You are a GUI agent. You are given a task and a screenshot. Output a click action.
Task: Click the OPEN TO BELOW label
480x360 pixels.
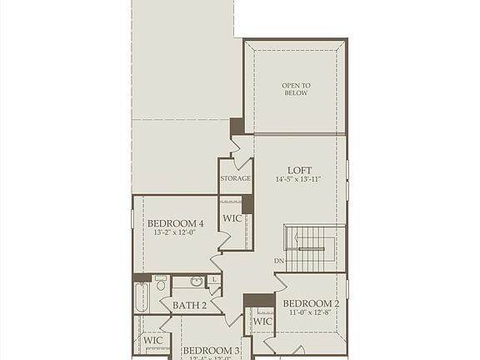[295, 88]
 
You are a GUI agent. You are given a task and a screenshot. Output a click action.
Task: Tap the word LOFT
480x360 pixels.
[298, 169]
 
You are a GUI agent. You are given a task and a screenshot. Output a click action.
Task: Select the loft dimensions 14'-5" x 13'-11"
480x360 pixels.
[298, 180]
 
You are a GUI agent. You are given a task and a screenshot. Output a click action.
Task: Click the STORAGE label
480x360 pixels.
[236, 178]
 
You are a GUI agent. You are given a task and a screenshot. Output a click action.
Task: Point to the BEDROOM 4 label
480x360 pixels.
[175, 223]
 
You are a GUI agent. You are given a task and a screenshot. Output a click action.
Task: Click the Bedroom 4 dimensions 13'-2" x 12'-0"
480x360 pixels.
[175, 234]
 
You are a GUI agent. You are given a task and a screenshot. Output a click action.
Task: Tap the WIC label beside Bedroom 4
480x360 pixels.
[232, 218]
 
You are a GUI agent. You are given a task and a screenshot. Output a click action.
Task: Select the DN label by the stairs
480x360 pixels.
[278, 262]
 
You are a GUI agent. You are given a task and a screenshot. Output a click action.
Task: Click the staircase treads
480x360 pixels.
[312, 247]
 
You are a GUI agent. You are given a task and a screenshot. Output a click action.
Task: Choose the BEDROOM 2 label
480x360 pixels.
[311, 303]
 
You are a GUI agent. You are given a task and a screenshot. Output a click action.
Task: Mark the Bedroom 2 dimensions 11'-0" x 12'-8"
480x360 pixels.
[311, 314]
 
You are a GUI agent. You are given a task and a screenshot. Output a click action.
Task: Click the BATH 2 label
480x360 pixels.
[189, 306]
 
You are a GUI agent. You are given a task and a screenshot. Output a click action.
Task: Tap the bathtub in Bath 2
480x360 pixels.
[141, 297]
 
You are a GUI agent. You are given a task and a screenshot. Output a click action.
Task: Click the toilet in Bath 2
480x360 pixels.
[161, 285]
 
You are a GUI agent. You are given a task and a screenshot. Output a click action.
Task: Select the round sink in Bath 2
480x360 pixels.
[197, 282]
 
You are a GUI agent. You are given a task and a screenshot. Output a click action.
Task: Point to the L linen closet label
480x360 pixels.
[214, 280]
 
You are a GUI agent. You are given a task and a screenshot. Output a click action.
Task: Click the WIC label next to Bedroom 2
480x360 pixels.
[262, 322]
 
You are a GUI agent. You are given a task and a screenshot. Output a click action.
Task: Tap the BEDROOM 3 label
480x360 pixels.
[211, 351]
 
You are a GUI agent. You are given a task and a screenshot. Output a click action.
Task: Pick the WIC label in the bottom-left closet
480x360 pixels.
[152, 340]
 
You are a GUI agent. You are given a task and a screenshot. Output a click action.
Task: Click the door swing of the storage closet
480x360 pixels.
[242, 149]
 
